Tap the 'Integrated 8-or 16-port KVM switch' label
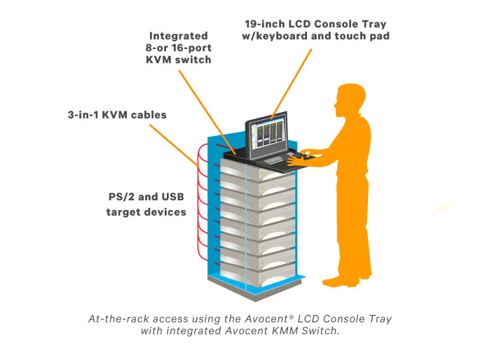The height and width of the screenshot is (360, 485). pos(180,47)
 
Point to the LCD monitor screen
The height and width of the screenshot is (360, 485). pos(267,133)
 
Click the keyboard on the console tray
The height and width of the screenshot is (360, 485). pos(273,160)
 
